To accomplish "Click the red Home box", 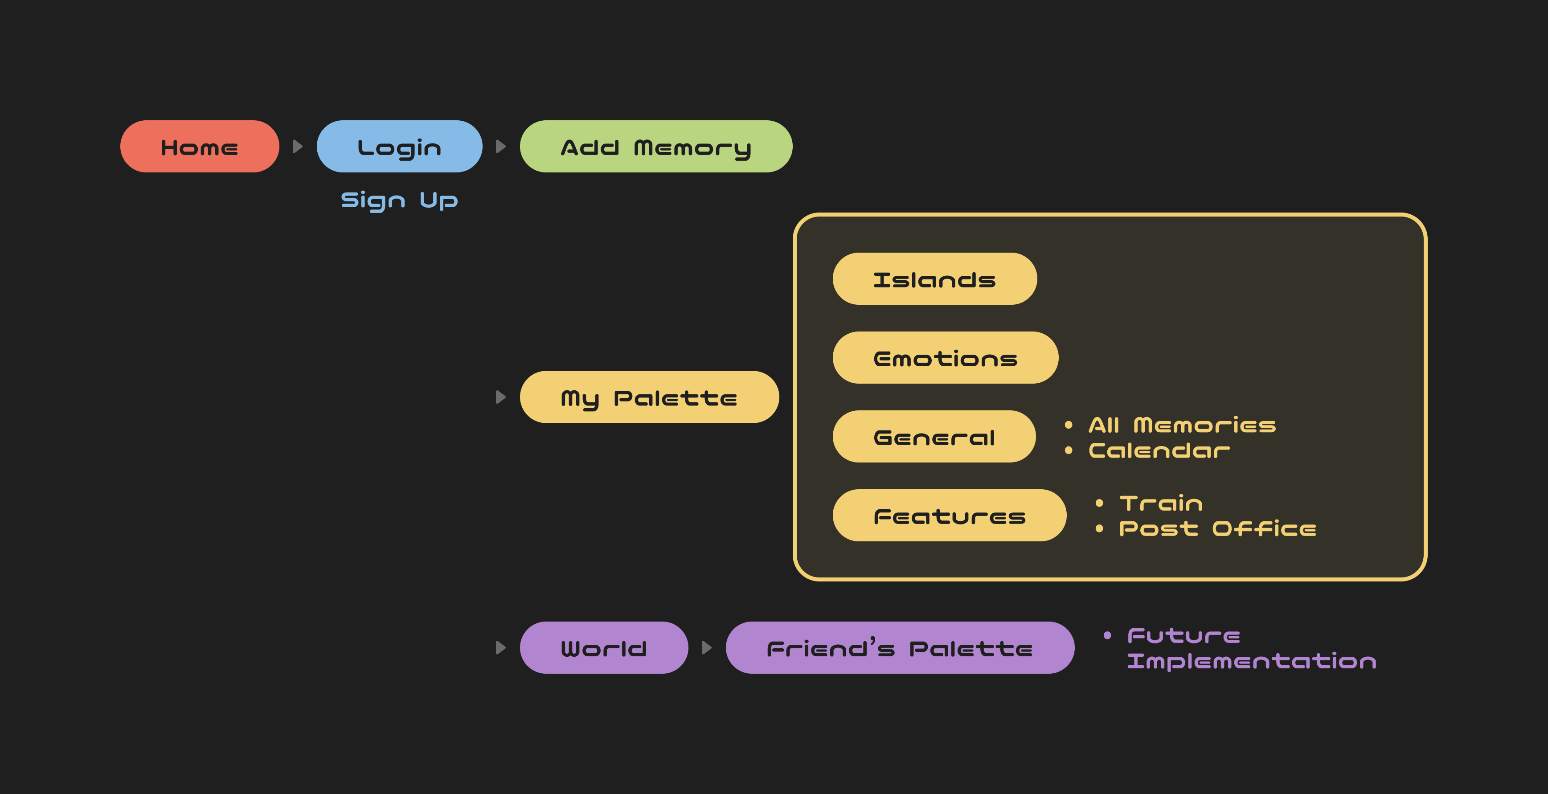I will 200,147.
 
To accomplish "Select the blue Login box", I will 399,147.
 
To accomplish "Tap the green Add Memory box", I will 655,147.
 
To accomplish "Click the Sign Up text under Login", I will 399,200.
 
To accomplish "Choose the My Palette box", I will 649,397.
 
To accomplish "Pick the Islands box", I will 934,279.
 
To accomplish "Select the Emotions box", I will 945,358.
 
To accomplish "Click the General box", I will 934,437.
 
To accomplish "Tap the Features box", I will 950,516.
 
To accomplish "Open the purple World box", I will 603,648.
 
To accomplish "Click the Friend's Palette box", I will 900,648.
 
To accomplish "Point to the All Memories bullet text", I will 1182,426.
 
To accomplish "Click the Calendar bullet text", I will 1159,451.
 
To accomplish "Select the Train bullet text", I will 1161,503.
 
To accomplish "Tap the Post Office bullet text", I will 1217,529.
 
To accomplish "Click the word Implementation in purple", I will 1252,662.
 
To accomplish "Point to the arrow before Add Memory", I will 500,147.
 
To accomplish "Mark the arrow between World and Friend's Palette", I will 707,648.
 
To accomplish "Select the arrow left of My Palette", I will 500,397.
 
